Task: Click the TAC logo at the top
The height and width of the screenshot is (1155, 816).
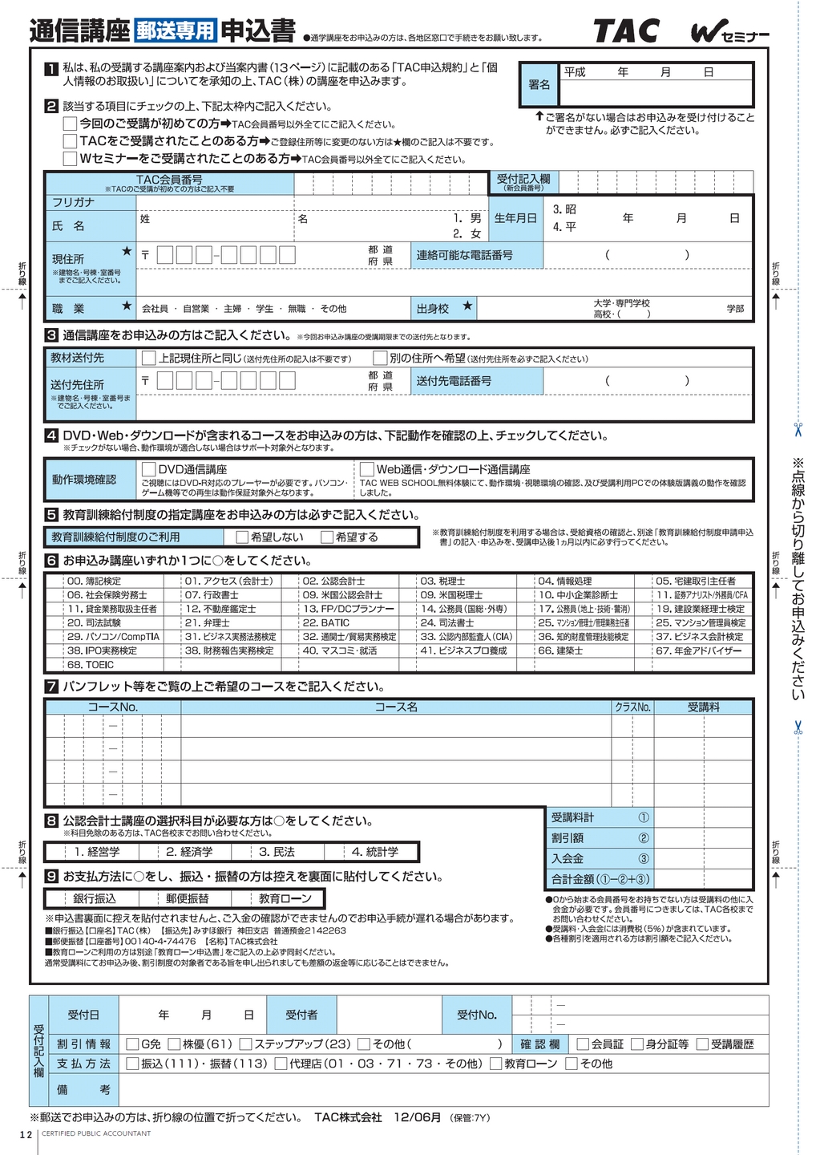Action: [625, 31]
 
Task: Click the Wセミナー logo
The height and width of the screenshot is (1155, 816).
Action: [729, 34]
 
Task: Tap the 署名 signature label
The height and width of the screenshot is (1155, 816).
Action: [539, 85]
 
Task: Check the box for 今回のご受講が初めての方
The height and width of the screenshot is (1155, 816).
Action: [71, 124]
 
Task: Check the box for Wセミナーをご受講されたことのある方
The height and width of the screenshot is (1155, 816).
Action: [71, 159]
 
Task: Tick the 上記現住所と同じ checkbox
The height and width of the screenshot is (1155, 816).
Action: [149, 358]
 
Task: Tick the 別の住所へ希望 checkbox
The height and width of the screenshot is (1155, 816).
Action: [381, 358]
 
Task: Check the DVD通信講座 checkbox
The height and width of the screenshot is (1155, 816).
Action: [149, 468]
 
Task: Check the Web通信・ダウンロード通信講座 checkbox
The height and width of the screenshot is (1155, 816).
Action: [367, 468]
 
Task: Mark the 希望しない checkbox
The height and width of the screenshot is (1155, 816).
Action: [242, 537]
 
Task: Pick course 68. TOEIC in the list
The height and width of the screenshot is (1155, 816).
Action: [91, 665]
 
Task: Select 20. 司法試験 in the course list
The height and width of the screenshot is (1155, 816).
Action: [94, 622]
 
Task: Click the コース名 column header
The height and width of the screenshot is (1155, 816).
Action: [396, 707]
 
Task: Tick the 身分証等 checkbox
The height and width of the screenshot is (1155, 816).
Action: [637, 1044]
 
